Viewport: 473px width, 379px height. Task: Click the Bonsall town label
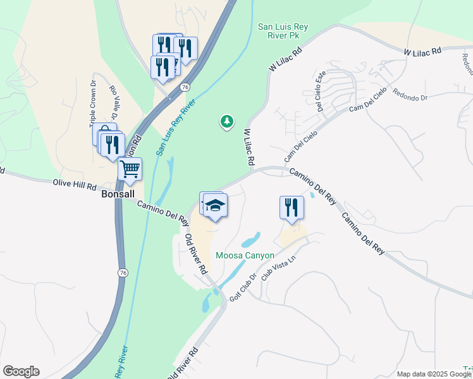[x=118, y=195]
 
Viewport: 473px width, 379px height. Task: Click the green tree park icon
[x=226, y=121]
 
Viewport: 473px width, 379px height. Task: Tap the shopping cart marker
[x=130, y=169]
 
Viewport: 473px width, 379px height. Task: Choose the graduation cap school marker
[x=215, y=206]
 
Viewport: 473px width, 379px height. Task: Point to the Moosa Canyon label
[x=245, y=256]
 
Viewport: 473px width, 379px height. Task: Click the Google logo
[x=21, y=371]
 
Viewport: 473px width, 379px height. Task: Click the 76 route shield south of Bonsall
[x=121, y=272]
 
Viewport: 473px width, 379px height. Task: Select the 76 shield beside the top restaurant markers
[x=184, y=87]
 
